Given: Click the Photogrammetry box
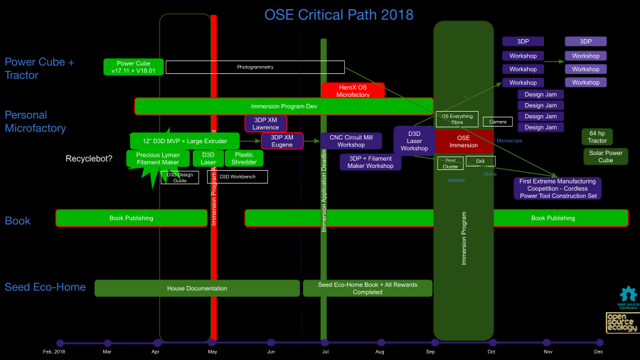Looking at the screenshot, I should click(255, 67).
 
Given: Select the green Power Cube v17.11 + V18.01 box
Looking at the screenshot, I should click(134, 67).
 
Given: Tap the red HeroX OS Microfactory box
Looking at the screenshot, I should click(352, 90).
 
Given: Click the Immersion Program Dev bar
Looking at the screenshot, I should click(283, 106).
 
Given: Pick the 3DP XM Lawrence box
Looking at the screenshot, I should click(265, 123).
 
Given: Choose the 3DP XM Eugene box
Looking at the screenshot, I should click(282, 141).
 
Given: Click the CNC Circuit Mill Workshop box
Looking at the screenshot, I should click(351, 141).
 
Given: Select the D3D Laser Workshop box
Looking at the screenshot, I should click(414, 140).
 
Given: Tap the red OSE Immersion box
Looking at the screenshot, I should click(464, 141).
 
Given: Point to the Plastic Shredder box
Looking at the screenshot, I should click(243, 158).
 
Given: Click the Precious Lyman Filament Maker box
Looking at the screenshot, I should click(158, 158).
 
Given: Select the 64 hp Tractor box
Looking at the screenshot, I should click(597, 137).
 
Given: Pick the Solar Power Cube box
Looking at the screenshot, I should click(605, 157).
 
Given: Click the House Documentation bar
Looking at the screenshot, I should click(197, 288).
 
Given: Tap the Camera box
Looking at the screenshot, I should click(498, 122).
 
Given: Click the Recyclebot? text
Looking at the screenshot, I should click(89, 159).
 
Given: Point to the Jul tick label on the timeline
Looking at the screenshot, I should click(325, 351).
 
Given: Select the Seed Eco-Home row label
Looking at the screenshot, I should click(45, 287).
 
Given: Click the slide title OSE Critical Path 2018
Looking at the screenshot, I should click(338, 15).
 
